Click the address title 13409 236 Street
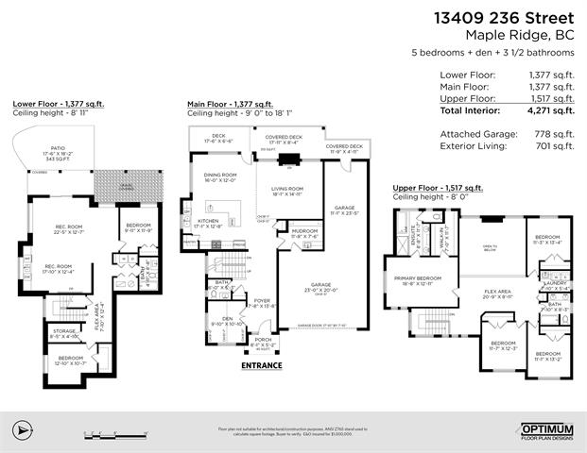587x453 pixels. [502, 17]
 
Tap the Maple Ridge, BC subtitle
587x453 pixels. [521, 36]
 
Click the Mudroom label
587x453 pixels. [303, 232]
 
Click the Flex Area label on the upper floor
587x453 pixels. [497, 292]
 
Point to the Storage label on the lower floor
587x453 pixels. [62, 331]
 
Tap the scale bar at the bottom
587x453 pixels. [113, 434]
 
